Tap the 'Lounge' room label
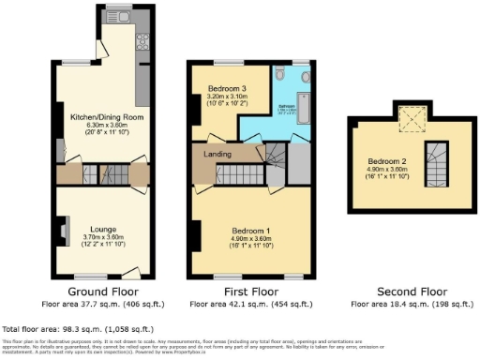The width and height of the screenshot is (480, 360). coord(103,228)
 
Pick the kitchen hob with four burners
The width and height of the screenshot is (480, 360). coord(144,41)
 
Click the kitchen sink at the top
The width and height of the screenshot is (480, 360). coord(120,18)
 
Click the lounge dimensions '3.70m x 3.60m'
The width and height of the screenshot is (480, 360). coord(103,236)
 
